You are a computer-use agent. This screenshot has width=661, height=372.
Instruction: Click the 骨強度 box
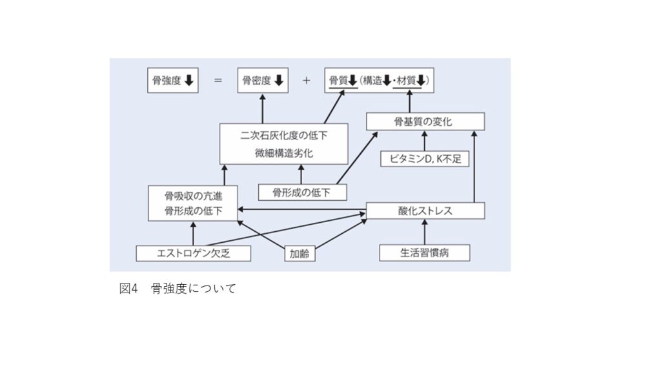pyautogui.click(x=172, y=81)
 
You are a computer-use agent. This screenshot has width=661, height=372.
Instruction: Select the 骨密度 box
pyautogui.click(x=262, y=81)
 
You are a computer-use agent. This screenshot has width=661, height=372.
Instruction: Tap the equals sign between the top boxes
pyautogui.click(x=218, y=81)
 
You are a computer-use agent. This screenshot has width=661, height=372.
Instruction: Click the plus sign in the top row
pyautogui.click(x=306, y=81)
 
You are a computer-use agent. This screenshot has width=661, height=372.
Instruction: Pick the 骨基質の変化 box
pyautogui.click(x=424, y=121)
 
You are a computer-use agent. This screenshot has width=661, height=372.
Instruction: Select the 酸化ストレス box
pyautogui.click(x=425, y=211)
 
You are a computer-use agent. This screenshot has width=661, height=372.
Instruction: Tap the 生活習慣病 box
pyautogui.click(x=424, y=253)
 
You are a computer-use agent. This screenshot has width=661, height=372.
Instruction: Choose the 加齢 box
pyautogui.click(x=300, y=254)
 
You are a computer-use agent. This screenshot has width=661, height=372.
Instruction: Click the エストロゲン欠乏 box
pyautogui.click(x=193, y=254)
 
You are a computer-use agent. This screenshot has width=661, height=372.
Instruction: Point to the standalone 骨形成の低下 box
pyautogui.click(x=301, y=192)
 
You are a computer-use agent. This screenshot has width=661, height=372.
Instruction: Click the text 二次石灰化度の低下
pyautogui.click(x=283, y=137)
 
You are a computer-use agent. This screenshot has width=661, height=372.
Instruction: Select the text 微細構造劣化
pyautogui.click(x=283, y=154)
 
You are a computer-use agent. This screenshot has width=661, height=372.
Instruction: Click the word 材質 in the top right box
pyautogui.click(x=405, y=81)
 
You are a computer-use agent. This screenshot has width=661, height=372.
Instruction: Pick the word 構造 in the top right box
pyautogui.click(x=372, y=81)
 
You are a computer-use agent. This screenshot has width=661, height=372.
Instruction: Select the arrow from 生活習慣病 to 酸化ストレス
pyautogui.click(x=424, y=232)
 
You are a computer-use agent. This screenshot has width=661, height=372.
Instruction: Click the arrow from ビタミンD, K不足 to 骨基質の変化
pyautogui.click(x=424, y=141)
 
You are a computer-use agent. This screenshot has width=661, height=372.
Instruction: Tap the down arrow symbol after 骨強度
pyautogui.click(x=188, y=81)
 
